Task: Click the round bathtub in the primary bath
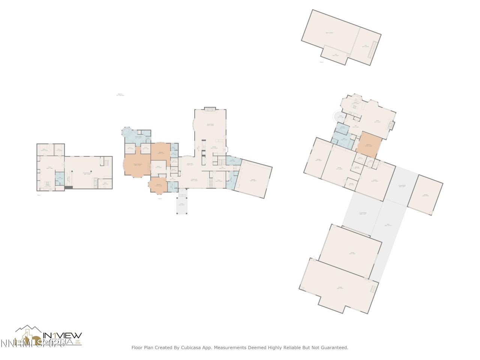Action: pos(126,132)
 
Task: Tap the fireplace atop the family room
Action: pos(210,109)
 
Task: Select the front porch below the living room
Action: pos(181,205)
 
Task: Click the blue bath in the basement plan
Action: pos(59,179)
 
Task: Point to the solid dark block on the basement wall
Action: pos(68,187)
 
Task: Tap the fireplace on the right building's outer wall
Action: pos(391,125)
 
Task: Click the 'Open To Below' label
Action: pos(329,33)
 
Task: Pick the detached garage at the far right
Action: pos(425,195)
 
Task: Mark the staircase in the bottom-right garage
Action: pos(373,289)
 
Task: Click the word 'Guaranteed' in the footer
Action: pos(332,348)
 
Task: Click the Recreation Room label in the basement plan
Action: pos(88,174)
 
